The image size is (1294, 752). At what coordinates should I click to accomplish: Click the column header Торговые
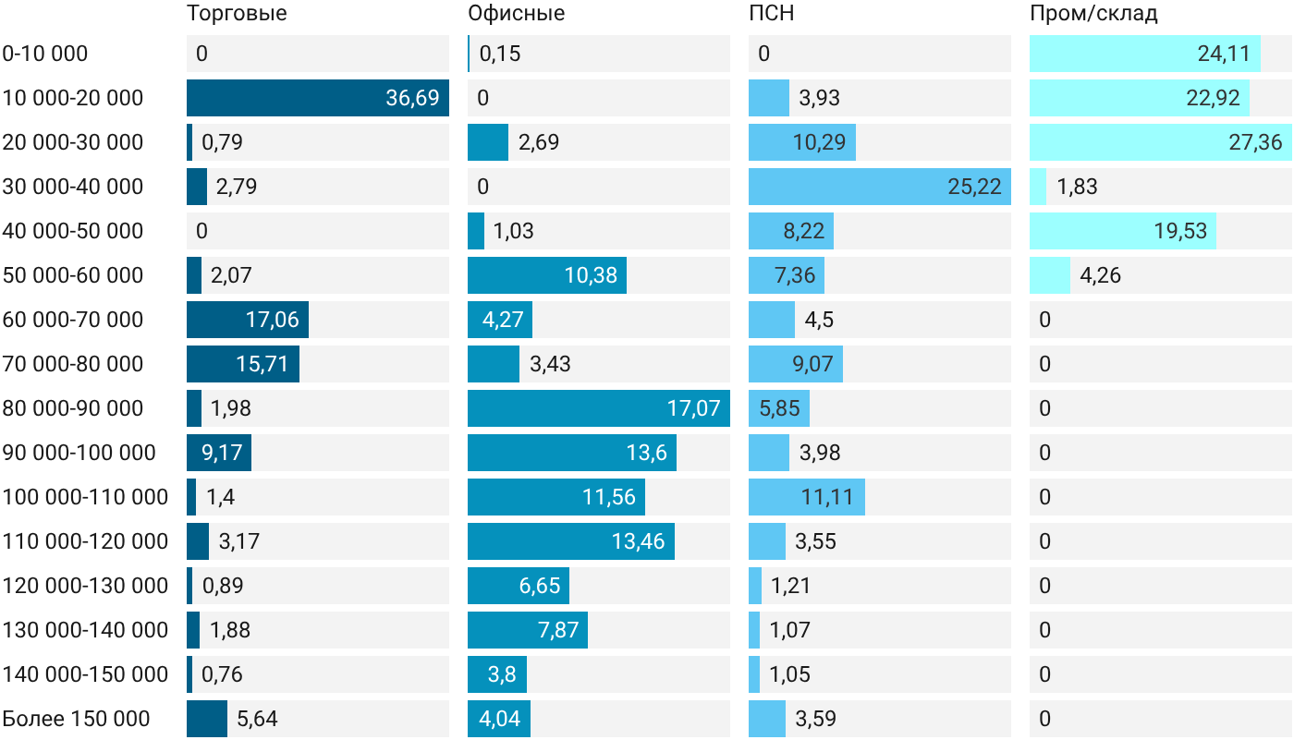coord(237,13)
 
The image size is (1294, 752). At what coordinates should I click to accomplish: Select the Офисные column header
coord(516,13)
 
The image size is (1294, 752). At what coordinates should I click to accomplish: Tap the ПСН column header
coord(771,13)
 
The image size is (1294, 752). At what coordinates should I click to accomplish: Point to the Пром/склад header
coord(1093,13)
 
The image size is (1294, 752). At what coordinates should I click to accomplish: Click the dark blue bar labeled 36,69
coord(318,98)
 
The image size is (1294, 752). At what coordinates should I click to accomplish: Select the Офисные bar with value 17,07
coord(599,408)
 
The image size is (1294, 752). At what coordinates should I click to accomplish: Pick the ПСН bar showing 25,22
coord(880,187)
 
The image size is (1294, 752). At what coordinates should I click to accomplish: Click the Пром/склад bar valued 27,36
coord(1161,142)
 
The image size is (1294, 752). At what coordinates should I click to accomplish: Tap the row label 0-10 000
coord(44,54)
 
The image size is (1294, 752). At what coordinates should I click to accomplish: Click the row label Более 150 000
coord(76,719)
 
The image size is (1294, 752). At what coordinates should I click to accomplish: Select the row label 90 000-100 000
coord(79,453)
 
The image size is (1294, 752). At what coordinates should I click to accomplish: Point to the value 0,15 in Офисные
coord(500,54)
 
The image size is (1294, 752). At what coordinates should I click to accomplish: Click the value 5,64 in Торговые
coord(257,719)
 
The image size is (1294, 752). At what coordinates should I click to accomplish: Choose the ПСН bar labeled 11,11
coord(806,497)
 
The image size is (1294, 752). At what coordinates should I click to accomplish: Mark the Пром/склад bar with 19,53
coord(1122,231)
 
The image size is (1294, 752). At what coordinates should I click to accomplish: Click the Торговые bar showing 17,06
coord(248,320)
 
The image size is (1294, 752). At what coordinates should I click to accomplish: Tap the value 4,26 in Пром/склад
coord(1100,275)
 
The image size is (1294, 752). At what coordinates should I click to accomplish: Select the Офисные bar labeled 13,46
coord(571,541)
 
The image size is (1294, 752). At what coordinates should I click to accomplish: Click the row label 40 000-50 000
coord(72,231)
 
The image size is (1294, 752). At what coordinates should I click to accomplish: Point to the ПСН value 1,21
coord(790,586)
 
